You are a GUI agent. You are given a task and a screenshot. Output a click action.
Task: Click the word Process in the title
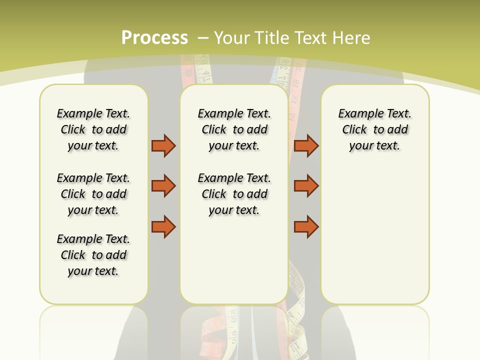(x=154, y=37)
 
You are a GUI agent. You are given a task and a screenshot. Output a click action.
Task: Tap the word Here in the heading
(x=351, y=38)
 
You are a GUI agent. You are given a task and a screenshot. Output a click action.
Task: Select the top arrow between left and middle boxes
(x=163, y=145)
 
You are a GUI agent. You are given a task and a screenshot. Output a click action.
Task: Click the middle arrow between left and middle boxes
(x=163, y=186)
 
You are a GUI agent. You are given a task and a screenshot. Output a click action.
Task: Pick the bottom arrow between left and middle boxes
(x=163, y=227)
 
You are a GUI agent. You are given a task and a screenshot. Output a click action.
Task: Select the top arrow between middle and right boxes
(x=306, y=145)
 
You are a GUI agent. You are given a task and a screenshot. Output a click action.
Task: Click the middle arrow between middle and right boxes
(x=306, y=186)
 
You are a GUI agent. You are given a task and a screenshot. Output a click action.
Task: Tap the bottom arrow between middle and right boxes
(x=306, y=227)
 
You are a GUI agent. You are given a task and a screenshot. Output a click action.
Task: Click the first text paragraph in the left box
(x=93, y=129)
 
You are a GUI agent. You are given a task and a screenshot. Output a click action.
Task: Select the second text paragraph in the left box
(x=93, y=194)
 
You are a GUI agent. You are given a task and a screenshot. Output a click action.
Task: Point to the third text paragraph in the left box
(x=93, y=255)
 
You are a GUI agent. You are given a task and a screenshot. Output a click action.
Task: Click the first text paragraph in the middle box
(x=234, y=129)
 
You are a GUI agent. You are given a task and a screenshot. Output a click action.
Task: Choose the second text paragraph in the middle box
(x=234, y=194)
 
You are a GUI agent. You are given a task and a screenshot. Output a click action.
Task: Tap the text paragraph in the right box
(x=374, y=129)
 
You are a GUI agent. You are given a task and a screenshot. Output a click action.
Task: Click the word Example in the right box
(x=356, y=114)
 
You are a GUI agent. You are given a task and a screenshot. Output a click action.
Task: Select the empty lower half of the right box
(x=374, y=240)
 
